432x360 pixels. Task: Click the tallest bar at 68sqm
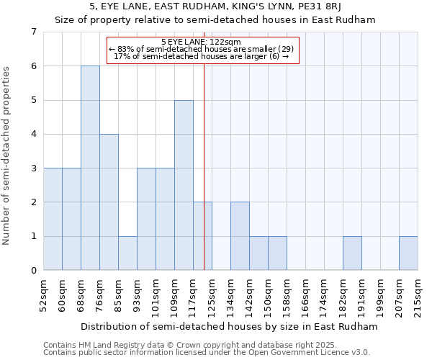(x=90, y=168)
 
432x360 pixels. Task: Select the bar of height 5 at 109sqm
(x=184, y=185)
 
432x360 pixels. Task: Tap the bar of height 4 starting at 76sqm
(x=109, y=202)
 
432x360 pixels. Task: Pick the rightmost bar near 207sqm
(x=408, y=253)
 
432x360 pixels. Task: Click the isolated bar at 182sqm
(x=352, y=253)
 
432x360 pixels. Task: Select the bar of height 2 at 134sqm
(x=240, y=236)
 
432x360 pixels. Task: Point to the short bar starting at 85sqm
(x=127, y=253)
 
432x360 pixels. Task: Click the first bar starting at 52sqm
(x=53, y=219)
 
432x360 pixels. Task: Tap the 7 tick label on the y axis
(x=33, y=32)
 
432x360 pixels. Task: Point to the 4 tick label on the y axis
(x=33, y=134)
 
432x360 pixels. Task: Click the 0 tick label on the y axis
(x=33, y=271)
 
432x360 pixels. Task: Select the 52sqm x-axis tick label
(x=43, y=295)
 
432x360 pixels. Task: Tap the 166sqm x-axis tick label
(x=305, y=295)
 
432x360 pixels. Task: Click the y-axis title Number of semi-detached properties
(x=7, y=156)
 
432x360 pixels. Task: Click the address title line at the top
(x=215, y=6)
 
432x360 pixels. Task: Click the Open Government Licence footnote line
(x=207, y=352)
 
